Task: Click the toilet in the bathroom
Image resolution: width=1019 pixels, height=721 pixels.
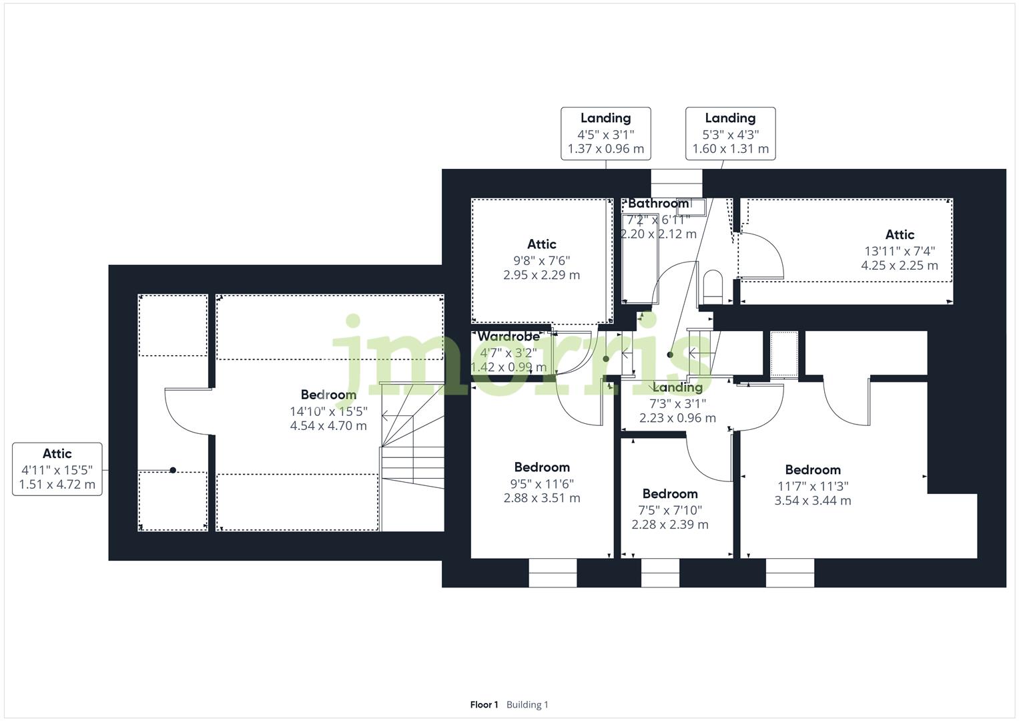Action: point(713,286)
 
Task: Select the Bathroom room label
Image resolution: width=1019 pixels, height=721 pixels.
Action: point(658,204)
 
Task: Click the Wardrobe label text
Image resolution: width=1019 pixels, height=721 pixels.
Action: point(508,336)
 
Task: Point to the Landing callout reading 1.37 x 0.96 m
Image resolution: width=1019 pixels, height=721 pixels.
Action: point(605,134)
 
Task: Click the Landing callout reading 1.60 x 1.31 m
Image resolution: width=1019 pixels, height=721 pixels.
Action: point(730,134)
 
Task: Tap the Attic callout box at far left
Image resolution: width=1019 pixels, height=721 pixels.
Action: point(57,469)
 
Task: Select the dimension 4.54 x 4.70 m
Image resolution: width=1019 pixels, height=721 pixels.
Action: point(328,426)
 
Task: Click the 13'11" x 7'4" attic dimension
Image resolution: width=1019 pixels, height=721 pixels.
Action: point(899,251)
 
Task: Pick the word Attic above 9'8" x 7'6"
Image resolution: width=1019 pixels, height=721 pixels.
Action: point(541,244)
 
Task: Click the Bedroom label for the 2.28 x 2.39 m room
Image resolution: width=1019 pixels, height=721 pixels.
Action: point(670,494)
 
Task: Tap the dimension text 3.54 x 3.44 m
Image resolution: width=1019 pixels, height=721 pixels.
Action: point(812,501)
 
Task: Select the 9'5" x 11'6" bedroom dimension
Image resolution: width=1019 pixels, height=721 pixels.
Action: point(541,483)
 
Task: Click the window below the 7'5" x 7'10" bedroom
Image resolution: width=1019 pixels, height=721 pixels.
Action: point(660,573)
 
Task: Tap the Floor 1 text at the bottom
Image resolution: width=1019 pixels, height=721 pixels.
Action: point(484,705)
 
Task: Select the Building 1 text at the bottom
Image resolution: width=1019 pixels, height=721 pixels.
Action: point(527,705)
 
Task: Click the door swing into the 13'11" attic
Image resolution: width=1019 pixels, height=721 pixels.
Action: point(761,254)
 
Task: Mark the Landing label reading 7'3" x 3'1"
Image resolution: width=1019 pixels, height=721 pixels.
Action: point(677,388)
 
